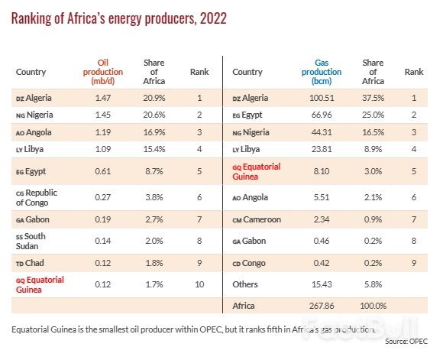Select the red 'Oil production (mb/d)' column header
click(102, 72)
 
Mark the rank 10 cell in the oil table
click(199, 284)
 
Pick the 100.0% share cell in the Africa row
click(372, 306)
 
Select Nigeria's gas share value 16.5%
click(372, 131)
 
